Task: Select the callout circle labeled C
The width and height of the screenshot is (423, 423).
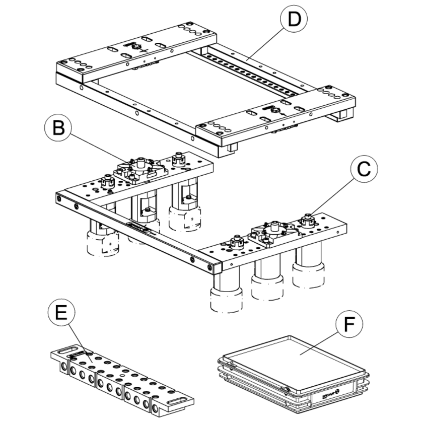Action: click(x=363, y=170)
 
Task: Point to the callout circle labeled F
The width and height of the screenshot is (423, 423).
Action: click(x=348, y=326)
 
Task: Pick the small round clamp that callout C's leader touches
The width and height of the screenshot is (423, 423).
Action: click(x=307, y=221)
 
